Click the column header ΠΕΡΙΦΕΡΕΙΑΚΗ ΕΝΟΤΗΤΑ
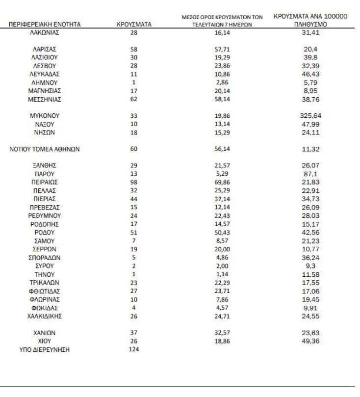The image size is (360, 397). coord(45,24)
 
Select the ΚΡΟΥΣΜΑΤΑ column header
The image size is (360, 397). coord(134,24)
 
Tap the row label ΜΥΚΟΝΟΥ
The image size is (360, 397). coord(45,116)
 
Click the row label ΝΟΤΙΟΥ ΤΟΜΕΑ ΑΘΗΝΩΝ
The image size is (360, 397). coord(45,149)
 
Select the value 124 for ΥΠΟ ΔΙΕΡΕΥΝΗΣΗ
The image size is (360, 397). coord(134,349)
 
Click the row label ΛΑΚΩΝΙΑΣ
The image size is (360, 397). coord(45,32)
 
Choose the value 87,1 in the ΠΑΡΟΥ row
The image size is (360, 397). coord(309,174)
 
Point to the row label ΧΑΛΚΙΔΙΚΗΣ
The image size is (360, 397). coord(45,316)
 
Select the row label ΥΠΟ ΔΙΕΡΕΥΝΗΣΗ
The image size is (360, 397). coord(45,349)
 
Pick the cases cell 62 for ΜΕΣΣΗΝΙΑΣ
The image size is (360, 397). coord(134,99)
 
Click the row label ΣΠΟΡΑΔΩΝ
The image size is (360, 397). coord(45,257)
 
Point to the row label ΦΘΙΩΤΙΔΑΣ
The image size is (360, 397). coord(45,291)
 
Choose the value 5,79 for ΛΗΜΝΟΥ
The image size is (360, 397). coord(309,82)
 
